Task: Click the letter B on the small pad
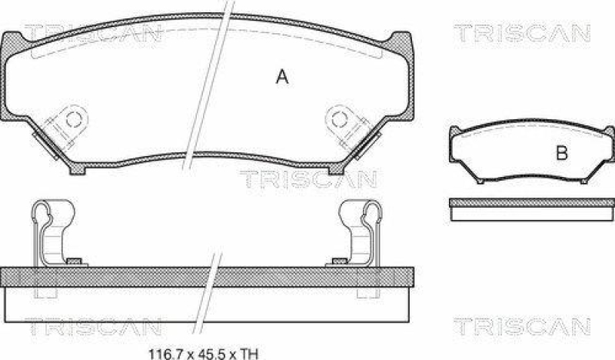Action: click(561, 153)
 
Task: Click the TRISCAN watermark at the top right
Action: click(520, 32)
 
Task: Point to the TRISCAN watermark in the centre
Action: click(307, 179)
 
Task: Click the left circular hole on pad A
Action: click(75, 118)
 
